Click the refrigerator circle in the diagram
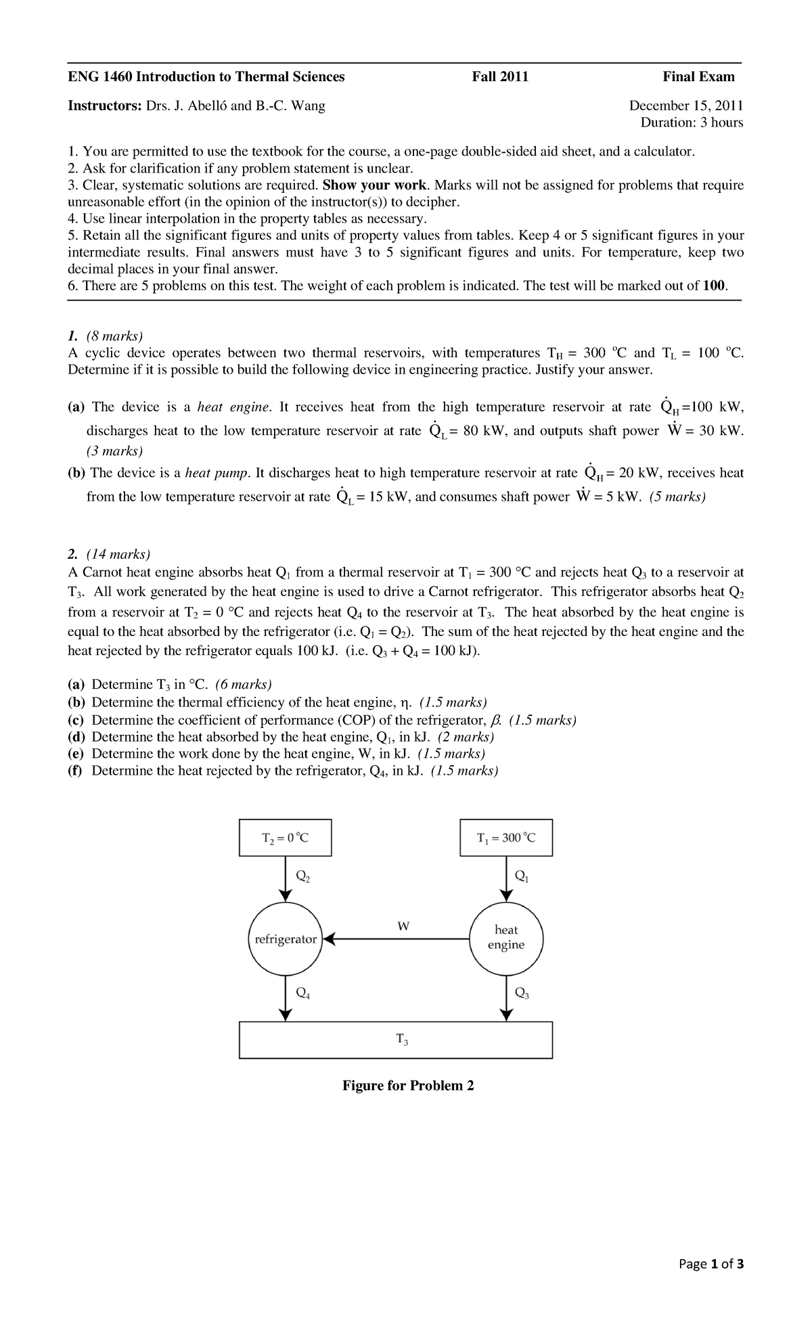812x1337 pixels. (x=285, y=939)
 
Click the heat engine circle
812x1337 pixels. (x=505, y=938)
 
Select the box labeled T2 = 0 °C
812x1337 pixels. (x=286, y=838)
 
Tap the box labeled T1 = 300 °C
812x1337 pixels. (x=506, y=838)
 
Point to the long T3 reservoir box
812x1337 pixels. (x=397, y=1040)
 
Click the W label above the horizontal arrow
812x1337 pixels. (x=403, y=926)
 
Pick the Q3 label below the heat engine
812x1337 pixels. (x=522, y=993)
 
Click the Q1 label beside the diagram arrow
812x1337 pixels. (x=522, y=876)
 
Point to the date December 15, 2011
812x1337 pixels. (x=686, y=106)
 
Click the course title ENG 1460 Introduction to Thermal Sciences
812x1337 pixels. (x=206, y=76)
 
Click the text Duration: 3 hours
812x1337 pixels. (x=692, y=122)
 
